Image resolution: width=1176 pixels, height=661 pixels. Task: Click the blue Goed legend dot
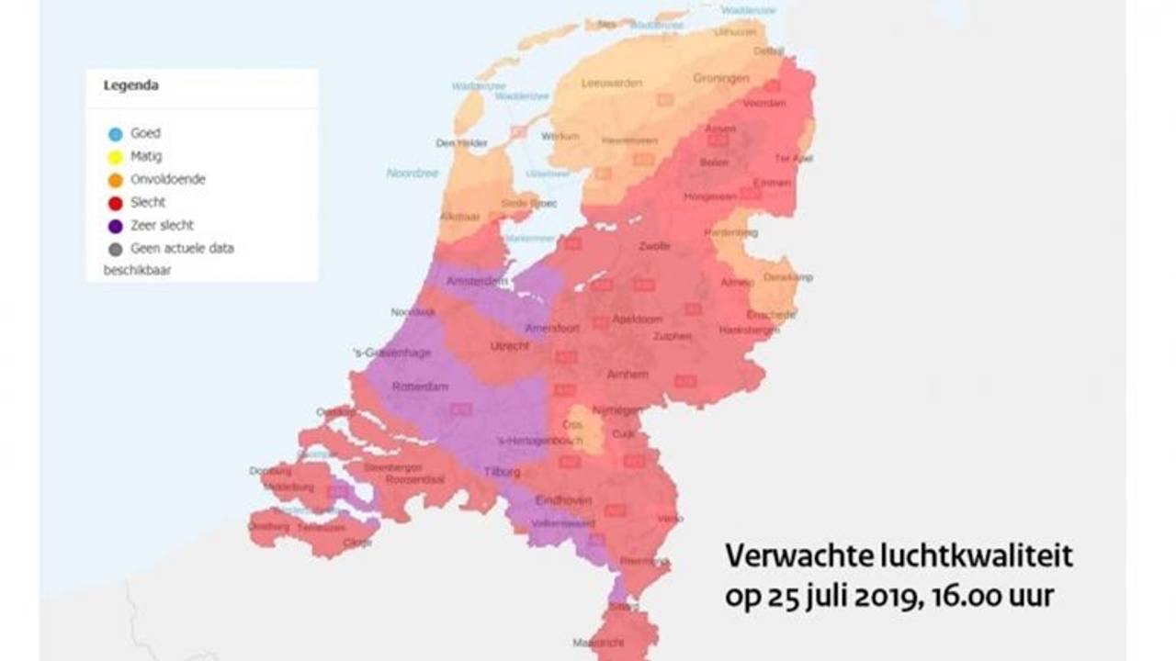[116, 134]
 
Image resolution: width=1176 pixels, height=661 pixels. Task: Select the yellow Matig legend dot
[116, 157]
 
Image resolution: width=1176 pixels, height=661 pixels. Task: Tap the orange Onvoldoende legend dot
[116, 180]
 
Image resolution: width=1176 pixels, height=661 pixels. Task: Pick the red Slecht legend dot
[116, 203]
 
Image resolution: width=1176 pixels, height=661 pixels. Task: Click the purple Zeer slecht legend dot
[116, 226]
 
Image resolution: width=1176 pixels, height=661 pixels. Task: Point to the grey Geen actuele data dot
[116, 249]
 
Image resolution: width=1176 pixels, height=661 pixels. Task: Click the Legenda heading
[130, 85]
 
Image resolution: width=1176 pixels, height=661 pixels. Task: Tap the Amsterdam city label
[477, 281]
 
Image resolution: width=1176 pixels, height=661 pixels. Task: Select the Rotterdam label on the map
[420, 387]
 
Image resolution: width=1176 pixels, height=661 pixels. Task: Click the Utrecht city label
[510, 346]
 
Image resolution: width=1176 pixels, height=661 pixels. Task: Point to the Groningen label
[721, 79]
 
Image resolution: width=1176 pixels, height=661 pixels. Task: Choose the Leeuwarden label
[612, 83]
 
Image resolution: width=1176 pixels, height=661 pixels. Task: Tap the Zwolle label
[654, 246]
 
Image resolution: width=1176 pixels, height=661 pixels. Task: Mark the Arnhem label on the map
[628, 375]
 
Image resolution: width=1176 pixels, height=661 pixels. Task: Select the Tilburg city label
[502, 472]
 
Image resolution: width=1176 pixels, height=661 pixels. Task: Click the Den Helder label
[461, 143]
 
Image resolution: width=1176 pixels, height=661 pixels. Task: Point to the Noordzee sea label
[412, 173]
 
